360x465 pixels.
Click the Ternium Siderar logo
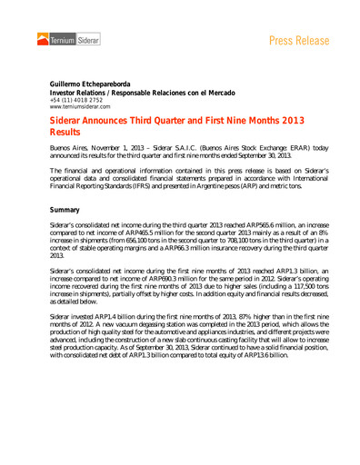point(65,40)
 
